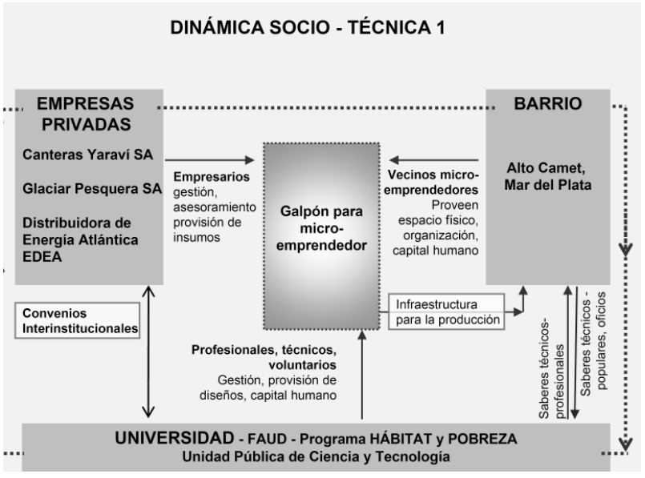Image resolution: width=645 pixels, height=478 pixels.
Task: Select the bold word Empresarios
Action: (212, 175)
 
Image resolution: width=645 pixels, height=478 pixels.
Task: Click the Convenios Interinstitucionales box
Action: (77, 319)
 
